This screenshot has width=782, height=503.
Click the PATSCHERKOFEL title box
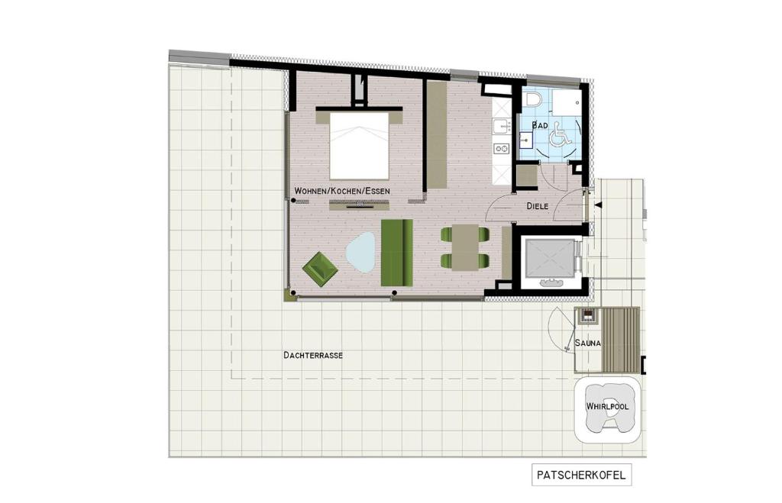pyautogui.click(x=581, y=475)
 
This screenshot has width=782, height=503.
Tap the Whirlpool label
pyautogui.click(x=607, y=407)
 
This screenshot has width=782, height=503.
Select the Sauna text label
pyautogui.click(x=588, y=343)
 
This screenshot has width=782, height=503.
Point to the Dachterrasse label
pyautogui.click(x=312, y=355)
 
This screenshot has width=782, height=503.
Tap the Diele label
pyautogui.click(x=538, y=206)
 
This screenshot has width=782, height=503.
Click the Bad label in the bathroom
pyautogui.click(x=540, y=124)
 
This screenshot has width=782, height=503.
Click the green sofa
pyautogui.click(x=396, y=252)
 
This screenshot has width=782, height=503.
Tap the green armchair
pyautogui.click(x=320, y=269)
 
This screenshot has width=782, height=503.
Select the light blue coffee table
pyautogui.click(x=360, y=252)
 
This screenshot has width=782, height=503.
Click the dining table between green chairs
pyautogui.click(x=464, y=248)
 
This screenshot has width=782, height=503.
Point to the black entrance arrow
pyautogui.click(x=599, y=205)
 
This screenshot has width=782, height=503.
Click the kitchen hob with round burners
pyautogui.click(x=501, y=148)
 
